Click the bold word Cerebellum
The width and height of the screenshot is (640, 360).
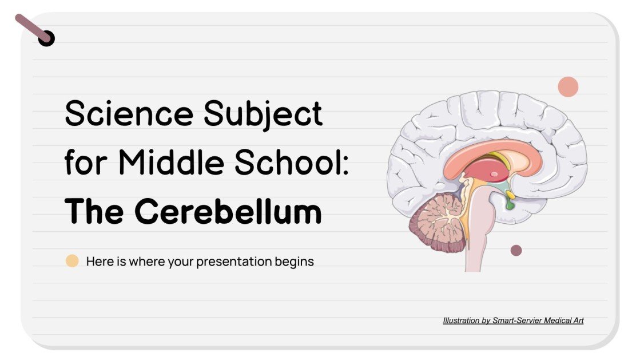228,212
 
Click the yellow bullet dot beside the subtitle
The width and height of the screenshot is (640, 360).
72,262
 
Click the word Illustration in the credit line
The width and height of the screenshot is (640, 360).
461,321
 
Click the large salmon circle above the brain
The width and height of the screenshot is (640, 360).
568,87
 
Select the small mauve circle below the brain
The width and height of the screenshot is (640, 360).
516,250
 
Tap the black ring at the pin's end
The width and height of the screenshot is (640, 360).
46,38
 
